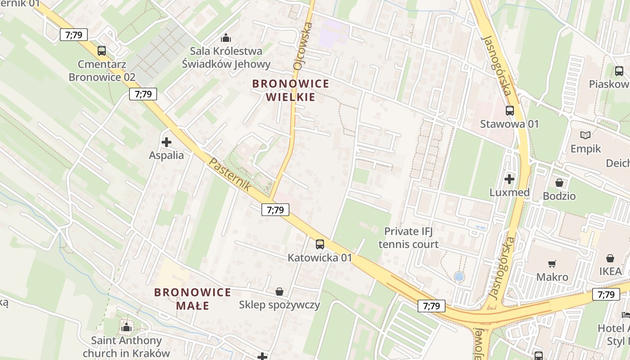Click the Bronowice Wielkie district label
click(291, 90)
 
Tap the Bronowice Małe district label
click(193, 299)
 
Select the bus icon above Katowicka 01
click(319, 244)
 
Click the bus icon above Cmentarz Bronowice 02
click(102, 51)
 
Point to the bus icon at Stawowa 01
click(509, 110)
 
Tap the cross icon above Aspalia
click(166, 142)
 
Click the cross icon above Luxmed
click(509, 179)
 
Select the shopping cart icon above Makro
click(552, 264)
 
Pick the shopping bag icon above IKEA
click(610, 258)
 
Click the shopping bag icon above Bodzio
click(559, 183)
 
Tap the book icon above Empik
click(585, 135)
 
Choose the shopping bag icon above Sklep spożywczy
click(279, 292)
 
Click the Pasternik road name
click(229, 174)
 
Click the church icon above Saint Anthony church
click(126, 327)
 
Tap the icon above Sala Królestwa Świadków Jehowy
click(226, 38)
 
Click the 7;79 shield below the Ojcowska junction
click(275, 209)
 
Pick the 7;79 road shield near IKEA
click(606, 294)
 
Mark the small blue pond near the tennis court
click(459, 277)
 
